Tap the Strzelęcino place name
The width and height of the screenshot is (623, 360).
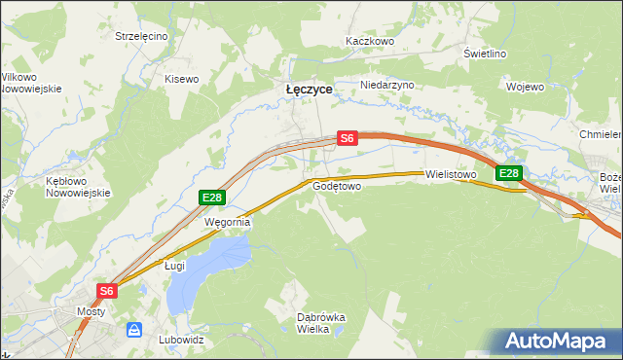(141, 36)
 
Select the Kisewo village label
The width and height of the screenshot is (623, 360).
(181, 79)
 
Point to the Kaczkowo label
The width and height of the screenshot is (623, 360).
(369, 42)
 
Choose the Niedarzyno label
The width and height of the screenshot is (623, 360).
(386, 85)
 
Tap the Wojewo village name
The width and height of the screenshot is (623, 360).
(525, 87)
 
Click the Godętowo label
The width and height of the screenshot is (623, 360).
(337, 185)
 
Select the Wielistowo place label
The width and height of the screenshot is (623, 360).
(450, 175)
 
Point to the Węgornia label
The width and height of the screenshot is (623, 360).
(227, 222)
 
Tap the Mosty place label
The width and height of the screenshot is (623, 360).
(91, 312)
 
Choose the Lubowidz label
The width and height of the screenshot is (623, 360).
(180, 341)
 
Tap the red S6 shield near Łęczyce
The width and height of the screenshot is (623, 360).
(348, 139)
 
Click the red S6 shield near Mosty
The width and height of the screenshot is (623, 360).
(107, 290)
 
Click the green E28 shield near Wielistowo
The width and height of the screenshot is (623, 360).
(508, 173)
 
